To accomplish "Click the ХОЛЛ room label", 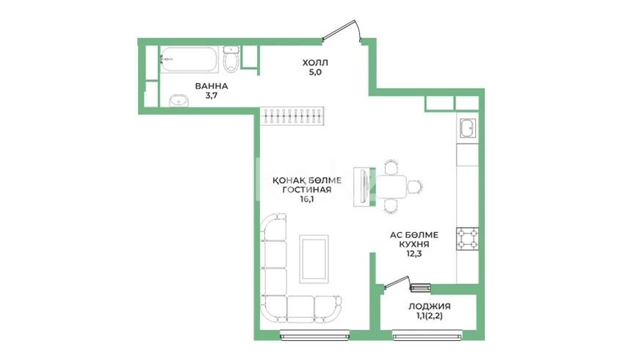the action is point(315,62).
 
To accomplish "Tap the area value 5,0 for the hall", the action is point(315,73).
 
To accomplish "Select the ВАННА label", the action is point(211,86).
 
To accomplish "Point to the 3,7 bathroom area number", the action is point(211,96).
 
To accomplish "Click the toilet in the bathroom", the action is point(231,59).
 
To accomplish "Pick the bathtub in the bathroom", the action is point(189,60).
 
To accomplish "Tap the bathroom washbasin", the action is point(178,101).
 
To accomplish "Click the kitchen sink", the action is point(467,129).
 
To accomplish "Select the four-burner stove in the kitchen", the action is point(467,239).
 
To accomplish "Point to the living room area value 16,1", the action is point(307,200).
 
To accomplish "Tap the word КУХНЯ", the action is point(414,244).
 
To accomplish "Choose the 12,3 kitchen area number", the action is point(414,254).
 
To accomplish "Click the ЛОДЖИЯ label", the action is point(430,306).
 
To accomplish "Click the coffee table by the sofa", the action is point(314,259).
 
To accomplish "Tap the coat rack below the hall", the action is point(292,116).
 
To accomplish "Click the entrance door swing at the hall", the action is point(342,31).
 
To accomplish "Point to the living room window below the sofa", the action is point(315,336).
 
